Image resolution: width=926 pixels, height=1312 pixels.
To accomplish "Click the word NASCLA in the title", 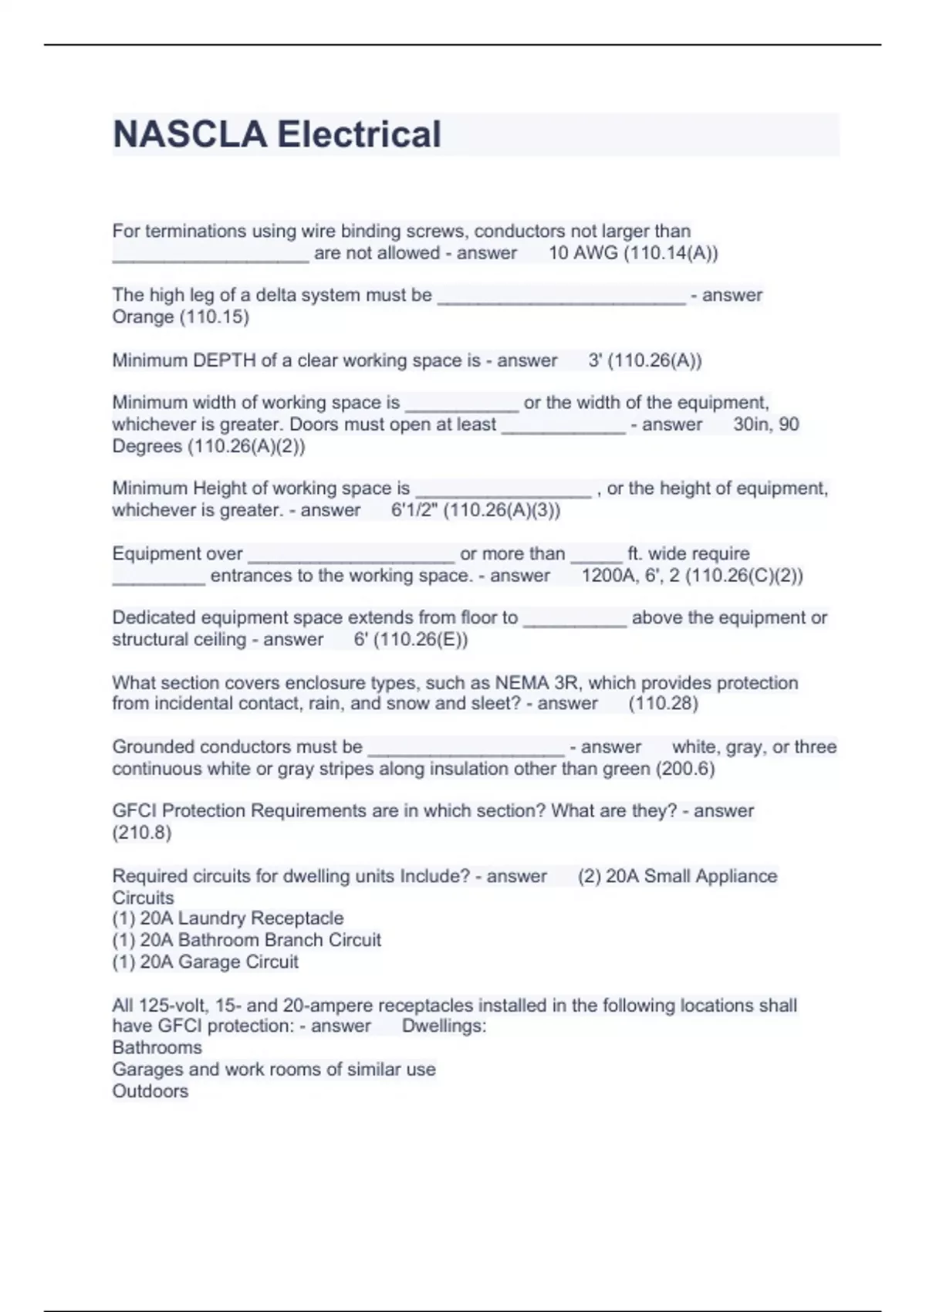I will (x=189, y=134).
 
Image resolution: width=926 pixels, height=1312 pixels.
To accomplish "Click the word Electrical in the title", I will (x=359, y=134).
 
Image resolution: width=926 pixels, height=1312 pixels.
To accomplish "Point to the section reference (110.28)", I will (x=664, y=704).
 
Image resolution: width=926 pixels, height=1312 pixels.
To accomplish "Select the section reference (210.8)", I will (x=142, y=833).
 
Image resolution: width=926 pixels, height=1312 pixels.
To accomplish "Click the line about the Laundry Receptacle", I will (x=228, y=918).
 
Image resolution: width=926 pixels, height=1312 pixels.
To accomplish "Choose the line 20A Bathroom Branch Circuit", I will (x=246, y=940).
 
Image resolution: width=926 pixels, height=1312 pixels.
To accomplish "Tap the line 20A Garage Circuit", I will (x=205, y=962).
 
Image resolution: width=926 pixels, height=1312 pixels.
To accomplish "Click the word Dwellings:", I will (x=444, y=1026).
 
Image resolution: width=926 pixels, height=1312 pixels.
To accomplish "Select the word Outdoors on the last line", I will (x=150, y=1091).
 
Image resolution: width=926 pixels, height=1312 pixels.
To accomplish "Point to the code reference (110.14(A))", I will (x=671, y=253).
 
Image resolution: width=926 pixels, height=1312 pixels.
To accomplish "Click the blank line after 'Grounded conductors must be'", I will (x=466, y=752).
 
